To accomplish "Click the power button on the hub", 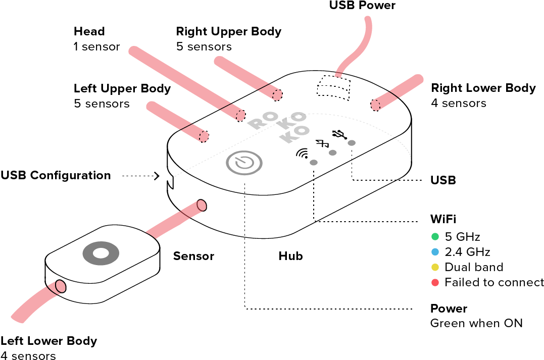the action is [x=244, y=163].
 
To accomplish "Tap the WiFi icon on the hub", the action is [x=303, y=153].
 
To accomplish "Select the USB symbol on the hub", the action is [x=339, y=134].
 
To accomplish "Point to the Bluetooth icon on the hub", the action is [x=322, y=143].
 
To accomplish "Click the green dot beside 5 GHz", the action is [x=435, y=236].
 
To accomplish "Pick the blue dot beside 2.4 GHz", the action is [x=435, y=252].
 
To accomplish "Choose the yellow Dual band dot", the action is [x=435, y=267].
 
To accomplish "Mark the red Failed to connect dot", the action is [x=435, y=282].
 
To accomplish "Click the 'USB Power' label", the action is [x=362, y=5].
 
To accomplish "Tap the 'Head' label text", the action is [x=89, y=31].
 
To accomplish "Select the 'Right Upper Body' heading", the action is [x=229, y=32].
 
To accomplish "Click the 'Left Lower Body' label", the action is [x=49, y=341].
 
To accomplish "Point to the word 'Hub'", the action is [x=291, y=256].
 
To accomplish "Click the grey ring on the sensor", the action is [x=101, y=253].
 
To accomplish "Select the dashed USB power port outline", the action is [x=333, y=88].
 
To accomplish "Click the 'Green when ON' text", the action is [x=476, y=323].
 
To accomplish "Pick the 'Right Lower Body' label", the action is [x=483, y=88].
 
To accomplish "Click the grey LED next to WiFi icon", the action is [x=314, y=162].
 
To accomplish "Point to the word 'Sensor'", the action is [x=193, y=256].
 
